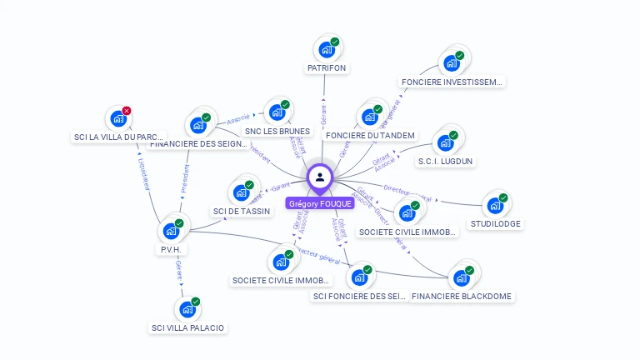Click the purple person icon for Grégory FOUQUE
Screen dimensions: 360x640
320,177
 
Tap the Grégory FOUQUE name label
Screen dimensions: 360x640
320,203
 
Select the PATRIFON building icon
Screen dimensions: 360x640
327,49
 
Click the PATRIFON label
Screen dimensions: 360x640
327,67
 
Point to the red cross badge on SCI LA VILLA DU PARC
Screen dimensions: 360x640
127,111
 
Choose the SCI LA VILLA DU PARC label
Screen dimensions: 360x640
117,137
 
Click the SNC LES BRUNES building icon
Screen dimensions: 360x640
277,112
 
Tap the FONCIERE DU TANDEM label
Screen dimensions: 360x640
370,135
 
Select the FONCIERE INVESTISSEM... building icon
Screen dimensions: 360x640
452,62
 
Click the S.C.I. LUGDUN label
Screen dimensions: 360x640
445,161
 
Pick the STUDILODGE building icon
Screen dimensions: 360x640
495,205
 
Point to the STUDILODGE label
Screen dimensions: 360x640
495,224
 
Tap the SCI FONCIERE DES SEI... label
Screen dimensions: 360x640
359,296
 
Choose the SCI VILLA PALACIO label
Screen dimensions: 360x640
187,327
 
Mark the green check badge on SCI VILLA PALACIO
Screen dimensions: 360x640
196,302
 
